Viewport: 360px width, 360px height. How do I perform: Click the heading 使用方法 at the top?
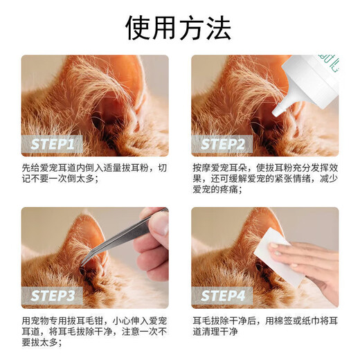(179, 27)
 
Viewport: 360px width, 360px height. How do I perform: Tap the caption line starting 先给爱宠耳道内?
(94, 168)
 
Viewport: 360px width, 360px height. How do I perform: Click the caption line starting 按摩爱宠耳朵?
(264, 168)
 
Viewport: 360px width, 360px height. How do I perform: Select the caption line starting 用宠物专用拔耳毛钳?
(94, 320)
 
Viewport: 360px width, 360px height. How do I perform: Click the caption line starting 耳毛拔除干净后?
(264, 320)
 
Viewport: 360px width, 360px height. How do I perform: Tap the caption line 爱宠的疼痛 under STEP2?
(217, 190)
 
